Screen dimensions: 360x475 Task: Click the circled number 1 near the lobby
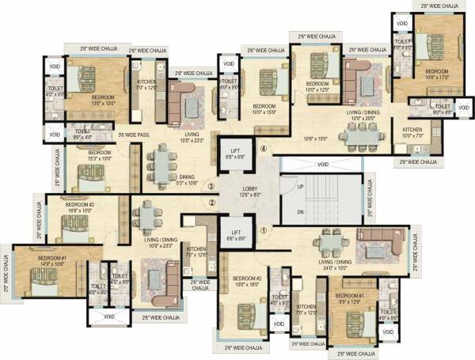coord(264,231)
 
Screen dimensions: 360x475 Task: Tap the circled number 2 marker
coord(212,203)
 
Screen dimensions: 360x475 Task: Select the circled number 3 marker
coord(211,187)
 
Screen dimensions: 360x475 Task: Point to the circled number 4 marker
coord(264,147)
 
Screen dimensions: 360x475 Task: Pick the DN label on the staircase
coord(289,213)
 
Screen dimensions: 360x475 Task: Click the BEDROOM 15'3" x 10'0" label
coord(99,155)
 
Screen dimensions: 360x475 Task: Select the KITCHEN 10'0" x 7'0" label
coord(412,132)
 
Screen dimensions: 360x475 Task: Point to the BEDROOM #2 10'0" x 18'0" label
coord(248,282)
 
